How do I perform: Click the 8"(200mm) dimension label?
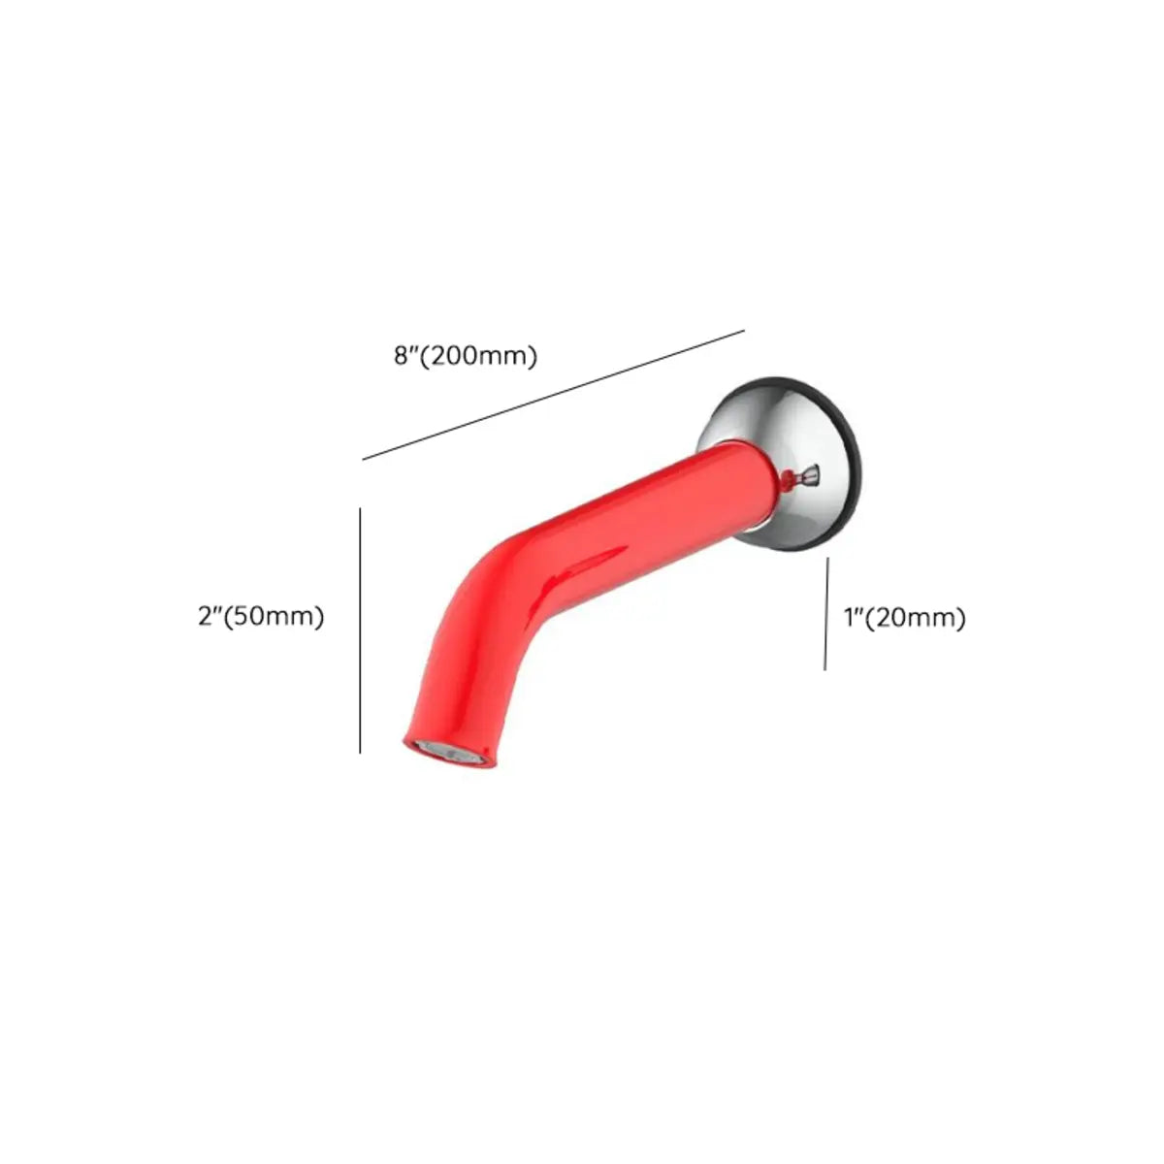(x=466, y=356)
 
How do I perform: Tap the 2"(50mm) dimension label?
(x=261, y=616)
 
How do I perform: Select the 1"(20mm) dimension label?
(x=904, y=618)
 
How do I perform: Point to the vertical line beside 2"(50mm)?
(x=360, y=630)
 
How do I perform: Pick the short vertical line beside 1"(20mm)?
(x=825, y=613)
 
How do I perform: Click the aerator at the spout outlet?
(x=448, y=752)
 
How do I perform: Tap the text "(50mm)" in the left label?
(x=274, y=616)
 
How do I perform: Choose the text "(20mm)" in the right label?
(x=917, y=618)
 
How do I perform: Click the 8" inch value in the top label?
(x=404, y=356)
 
